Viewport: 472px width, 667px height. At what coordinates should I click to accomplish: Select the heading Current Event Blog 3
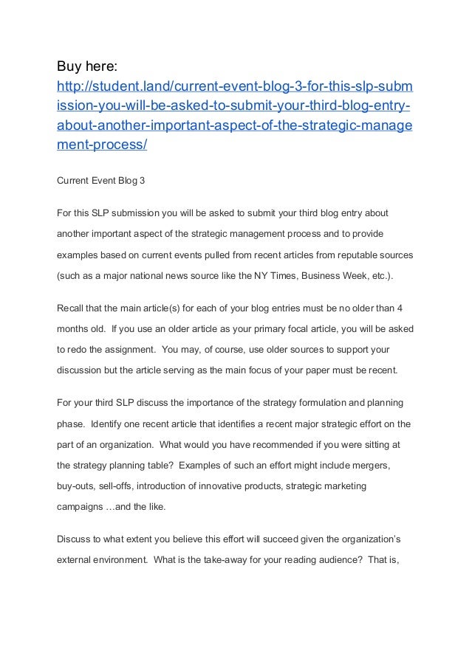(101, 179)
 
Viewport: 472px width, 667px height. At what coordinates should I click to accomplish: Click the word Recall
(72, 309)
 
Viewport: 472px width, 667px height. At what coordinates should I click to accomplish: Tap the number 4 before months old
(400, 309)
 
